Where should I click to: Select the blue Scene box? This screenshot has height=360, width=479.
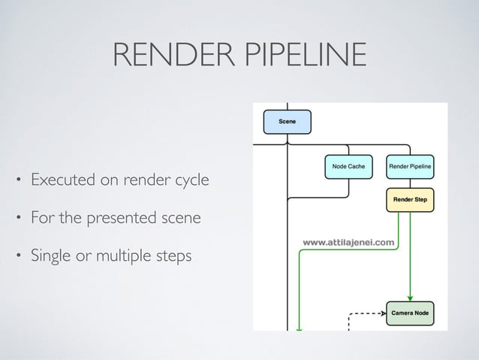coord(287,122)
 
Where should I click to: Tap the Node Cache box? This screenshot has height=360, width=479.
coord(348,166)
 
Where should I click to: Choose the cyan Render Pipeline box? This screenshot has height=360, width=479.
coord(410,166)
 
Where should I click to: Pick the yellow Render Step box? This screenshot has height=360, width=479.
coord(410,200)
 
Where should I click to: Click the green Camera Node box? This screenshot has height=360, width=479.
coord(410,313)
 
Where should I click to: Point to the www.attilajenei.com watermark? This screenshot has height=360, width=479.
coord(348,242)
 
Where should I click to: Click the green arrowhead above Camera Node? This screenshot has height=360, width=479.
coord(410,297)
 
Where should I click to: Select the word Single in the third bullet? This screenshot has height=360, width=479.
coord(49,256)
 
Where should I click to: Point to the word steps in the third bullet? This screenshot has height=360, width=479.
coord(174,256)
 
